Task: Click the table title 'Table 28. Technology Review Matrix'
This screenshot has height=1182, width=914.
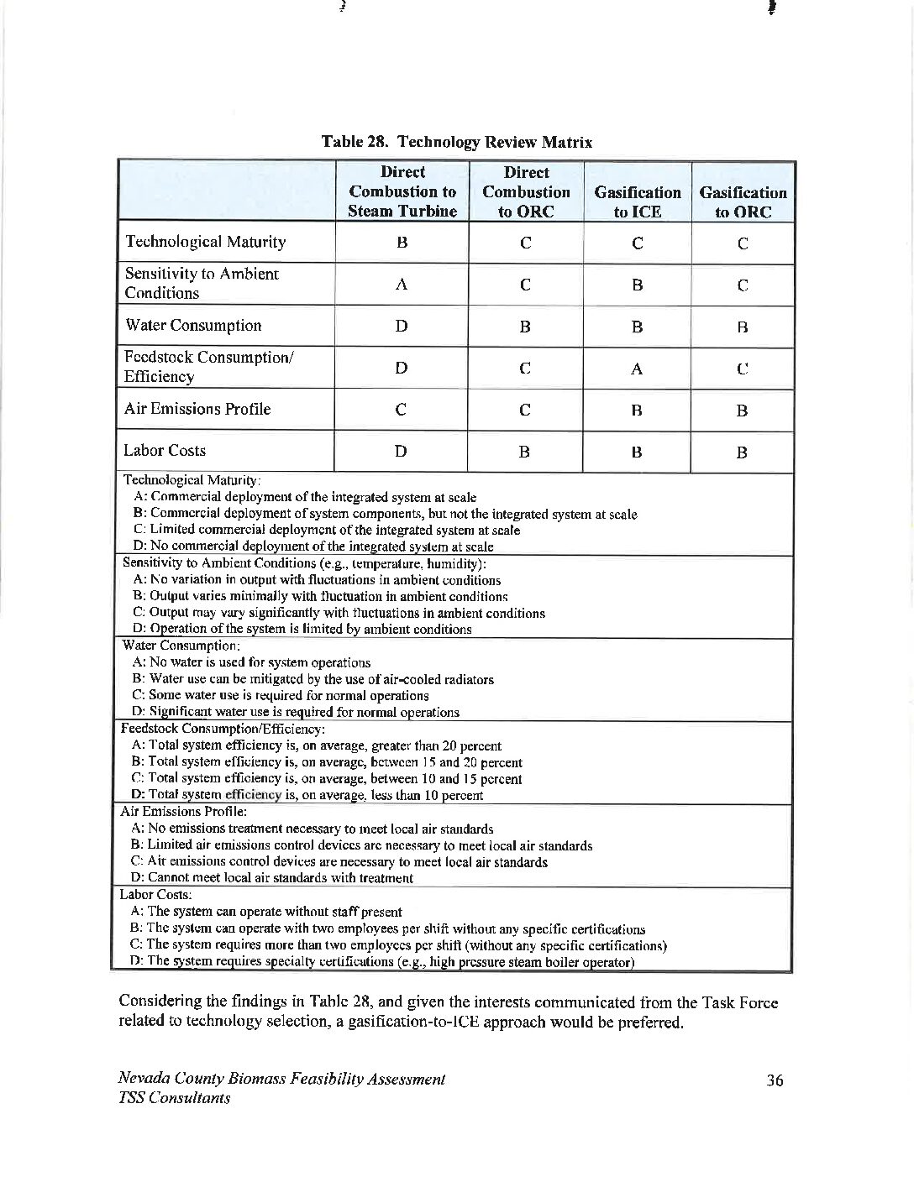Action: [x=457, y=142]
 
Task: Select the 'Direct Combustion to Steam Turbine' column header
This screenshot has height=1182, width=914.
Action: [x=402, y=191]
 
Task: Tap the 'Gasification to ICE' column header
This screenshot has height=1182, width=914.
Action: [x=637, y=201]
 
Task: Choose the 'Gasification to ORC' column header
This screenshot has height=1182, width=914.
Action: [x=743, y=201]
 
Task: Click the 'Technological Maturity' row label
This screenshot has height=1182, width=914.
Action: [x=205, y=242]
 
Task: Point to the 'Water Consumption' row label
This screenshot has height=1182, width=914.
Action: [x=192, y=325]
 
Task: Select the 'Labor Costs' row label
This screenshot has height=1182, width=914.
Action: [x=165, y=450]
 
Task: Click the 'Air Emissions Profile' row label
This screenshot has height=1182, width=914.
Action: [x=197, y=409]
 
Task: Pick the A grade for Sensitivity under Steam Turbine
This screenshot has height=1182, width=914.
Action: [x=402, y=285]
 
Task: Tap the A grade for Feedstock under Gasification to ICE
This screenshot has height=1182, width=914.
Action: [x=637, y=369]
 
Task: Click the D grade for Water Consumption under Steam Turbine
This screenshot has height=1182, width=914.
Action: [x=402, y=326]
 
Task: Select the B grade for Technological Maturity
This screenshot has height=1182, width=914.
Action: [x=402, y=243]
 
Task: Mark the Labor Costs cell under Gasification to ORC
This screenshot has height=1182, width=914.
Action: [x=742, y=452]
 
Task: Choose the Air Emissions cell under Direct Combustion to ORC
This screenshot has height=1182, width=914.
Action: [x=524, y=410]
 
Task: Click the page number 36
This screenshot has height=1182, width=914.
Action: [x=775, y=1080]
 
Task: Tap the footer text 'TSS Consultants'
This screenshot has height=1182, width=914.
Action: [x=175, y=1098]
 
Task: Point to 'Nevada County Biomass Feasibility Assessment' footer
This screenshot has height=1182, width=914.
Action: [x=281, y=1080]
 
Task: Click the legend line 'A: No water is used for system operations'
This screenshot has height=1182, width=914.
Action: [x=251, y=662]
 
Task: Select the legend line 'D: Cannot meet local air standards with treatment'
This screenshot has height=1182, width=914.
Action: [x=272, y=878]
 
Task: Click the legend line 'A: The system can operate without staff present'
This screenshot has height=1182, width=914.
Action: [x=265, y=912]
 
